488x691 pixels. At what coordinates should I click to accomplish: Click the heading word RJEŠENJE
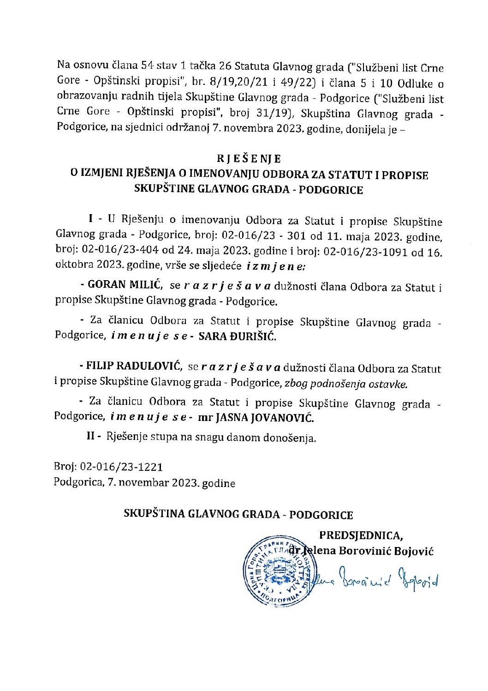[249, 159]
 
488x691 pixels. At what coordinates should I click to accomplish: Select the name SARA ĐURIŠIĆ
[237, 336]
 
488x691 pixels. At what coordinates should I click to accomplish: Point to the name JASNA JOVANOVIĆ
[262, 418]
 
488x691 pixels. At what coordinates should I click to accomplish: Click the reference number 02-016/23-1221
[121, 467]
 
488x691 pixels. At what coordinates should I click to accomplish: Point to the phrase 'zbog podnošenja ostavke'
[346, 384]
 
